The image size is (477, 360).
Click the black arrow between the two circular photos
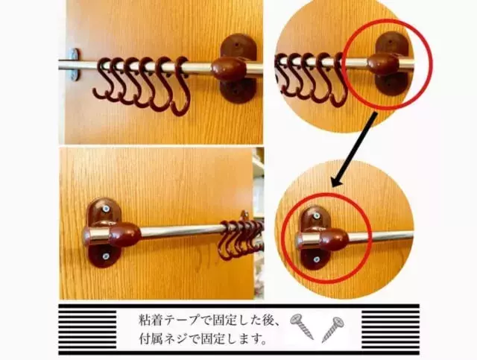[x=355, y=149]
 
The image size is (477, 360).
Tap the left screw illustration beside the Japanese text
[x=301, y=326]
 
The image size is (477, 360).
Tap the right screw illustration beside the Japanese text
[x=332, y=329]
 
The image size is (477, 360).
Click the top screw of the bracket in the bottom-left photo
[x=106, y=209]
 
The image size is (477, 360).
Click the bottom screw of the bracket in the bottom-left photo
[x=106, y=256]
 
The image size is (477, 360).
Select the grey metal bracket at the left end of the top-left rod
[x=75, y=65]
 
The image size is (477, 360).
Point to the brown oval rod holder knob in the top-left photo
[x=229, y=69]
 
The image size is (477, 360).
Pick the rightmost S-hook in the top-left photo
[x=180, y=86]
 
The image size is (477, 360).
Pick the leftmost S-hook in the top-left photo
[x=104, y=78]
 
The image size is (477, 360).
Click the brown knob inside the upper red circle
[x=383, y=64]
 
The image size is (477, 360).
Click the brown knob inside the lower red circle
[x=334, y=239]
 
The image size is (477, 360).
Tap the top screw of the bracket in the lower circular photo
[x=317, y=215]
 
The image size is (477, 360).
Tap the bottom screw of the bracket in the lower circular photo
[x=317, y=259]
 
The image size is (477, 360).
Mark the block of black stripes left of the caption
[x=88, y=329]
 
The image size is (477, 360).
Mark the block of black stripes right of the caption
[x=391, y=329]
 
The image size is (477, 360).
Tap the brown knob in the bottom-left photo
[x=124, y=234]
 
